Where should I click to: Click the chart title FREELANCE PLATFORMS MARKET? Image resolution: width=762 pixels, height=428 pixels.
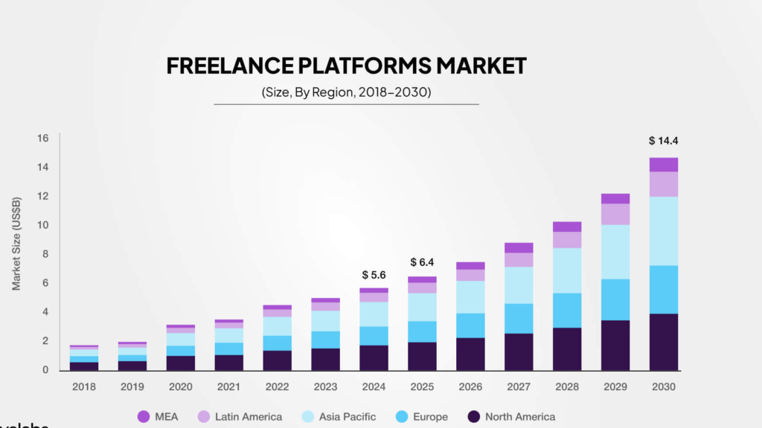[346, 65]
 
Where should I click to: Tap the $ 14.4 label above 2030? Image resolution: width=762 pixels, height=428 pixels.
[663, 140]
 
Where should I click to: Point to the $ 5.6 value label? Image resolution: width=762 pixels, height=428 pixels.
[373, 275]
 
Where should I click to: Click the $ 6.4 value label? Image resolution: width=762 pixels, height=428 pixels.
[423, 262]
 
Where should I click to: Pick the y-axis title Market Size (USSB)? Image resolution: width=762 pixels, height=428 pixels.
[16, 243]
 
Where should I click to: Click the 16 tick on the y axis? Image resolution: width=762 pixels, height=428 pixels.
[42, 138]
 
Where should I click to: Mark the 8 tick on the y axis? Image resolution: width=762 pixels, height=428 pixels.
[45, 254]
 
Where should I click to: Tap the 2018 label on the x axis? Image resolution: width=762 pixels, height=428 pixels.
[84, 386]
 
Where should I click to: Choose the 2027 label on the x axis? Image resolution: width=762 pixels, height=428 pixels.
[518, 386]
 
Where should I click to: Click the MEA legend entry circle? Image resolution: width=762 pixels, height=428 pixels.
[144, 416]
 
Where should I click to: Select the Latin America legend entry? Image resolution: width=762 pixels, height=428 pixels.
[239, 416]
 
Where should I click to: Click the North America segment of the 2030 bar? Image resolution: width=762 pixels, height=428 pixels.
[663, 342]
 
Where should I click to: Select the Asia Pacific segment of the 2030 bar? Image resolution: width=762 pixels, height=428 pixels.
[663, 230]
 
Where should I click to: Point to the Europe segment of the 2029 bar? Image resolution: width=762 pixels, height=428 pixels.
[615, 299]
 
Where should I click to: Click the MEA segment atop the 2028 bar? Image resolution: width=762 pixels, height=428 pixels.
[567, 227]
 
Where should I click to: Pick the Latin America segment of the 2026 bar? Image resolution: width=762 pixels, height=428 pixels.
[470, 275]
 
